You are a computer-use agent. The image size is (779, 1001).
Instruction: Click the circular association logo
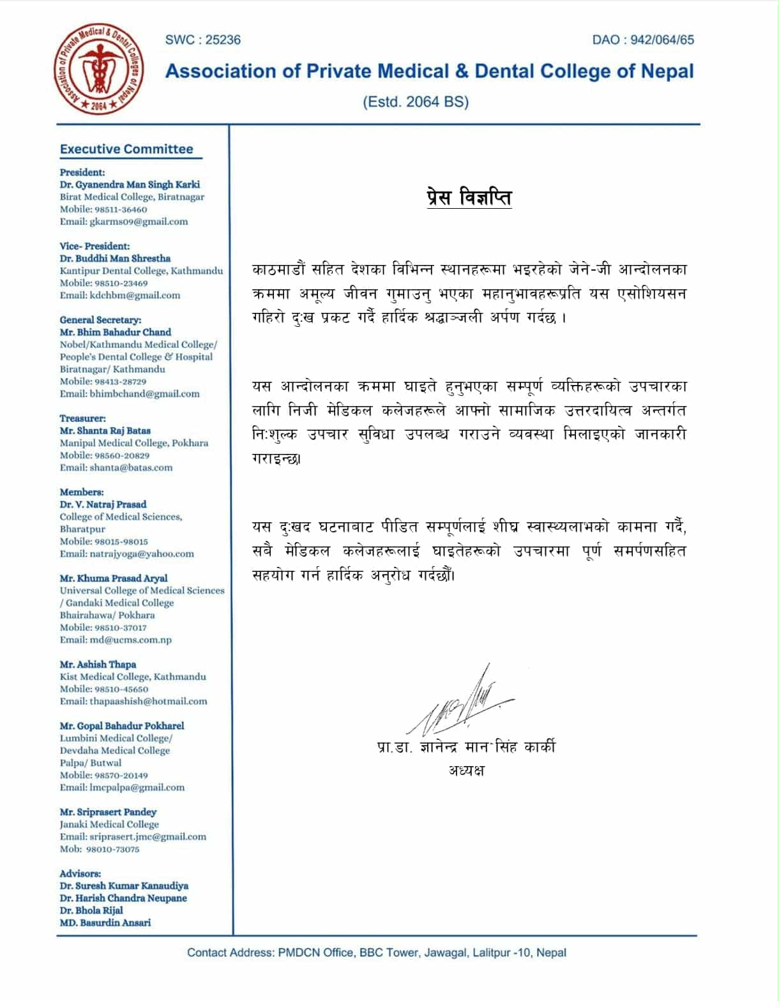[x=98, y=70]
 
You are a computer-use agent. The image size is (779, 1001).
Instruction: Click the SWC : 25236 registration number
[x=202, y=40]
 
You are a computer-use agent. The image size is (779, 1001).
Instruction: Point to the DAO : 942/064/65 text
[x=642, y=40]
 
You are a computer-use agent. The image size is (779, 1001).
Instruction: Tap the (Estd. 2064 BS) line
[x=416, y=102]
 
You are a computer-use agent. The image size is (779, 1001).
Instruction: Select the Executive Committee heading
[x=126, y=149]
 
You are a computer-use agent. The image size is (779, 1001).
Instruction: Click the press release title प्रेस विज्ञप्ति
[x=469, y=197]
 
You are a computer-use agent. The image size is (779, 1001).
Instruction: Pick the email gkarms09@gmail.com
[x=139, y=222]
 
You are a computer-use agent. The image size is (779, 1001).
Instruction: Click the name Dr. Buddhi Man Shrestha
[x=115, y=259]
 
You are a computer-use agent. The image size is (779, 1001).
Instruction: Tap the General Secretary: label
[x=100, y=320]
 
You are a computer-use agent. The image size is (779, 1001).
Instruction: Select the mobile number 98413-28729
[x=121, y=381]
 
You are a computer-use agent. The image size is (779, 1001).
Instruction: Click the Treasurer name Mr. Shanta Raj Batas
[x=105, y=430]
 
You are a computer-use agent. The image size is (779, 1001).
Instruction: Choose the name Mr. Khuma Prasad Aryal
[x=114, y=578]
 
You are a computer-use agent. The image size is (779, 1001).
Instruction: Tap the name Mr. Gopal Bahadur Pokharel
[x=122, y=726]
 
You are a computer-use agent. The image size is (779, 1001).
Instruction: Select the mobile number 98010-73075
[x=112, y=849]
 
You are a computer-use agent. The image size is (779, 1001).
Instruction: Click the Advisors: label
[x=80, y=873]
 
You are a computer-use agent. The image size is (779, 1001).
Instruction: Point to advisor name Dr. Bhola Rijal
[x=91, y=910]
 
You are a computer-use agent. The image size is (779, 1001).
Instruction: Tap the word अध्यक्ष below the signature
[x=466, y=770]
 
